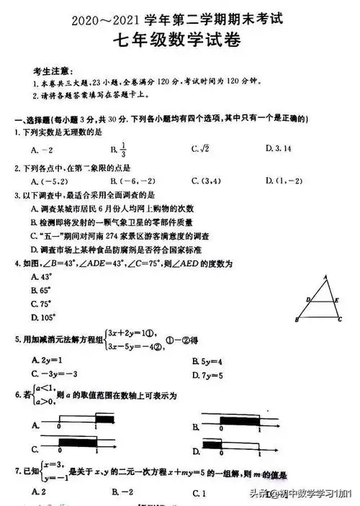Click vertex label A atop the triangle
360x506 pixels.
click(325, 277)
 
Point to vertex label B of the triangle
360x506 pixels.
click(297, 320)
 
